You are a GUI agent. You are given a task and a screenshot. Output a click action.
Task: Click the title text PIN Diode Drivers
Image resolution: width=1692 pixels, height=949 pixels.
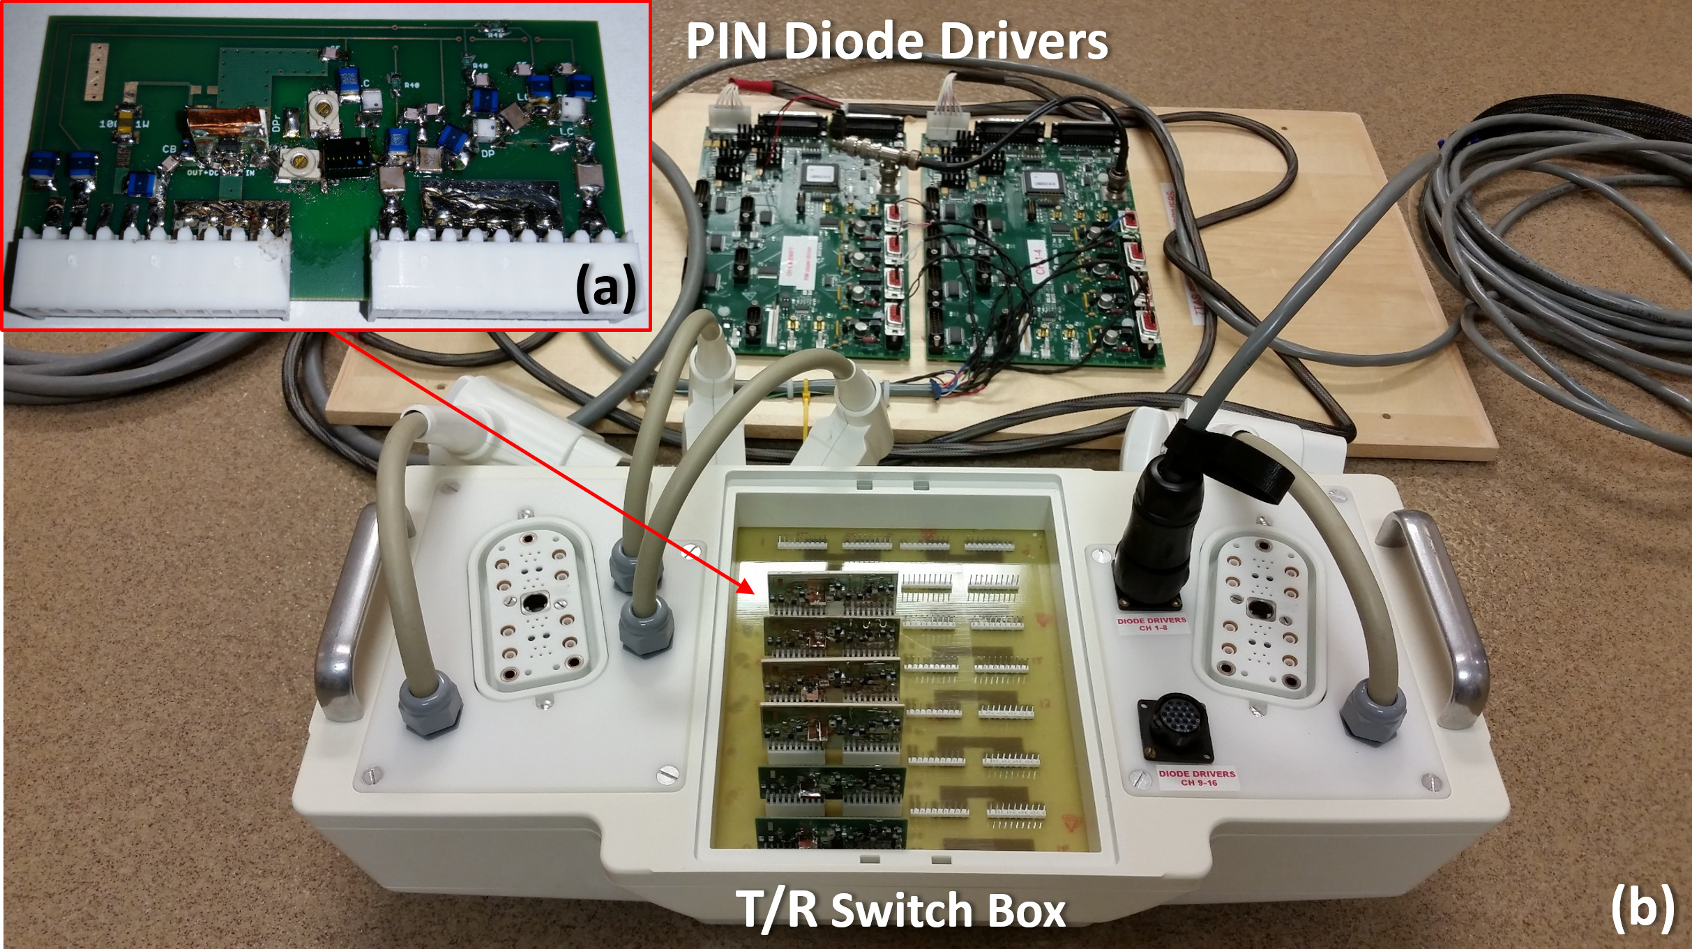[897, 40]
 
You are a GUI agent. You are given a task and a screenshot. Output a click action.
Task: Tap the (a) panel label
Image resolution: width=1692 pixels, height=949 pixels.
[605, 287]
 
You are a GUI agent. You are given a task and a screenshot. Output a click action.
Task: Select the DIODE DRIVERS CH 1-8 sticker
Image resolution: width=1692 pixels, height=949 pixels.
[1151, 623]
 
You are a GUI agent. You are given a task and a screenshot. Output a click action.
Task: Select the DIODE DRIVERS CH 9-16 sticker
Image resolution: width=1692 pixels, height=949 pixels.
[1197, 777]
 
